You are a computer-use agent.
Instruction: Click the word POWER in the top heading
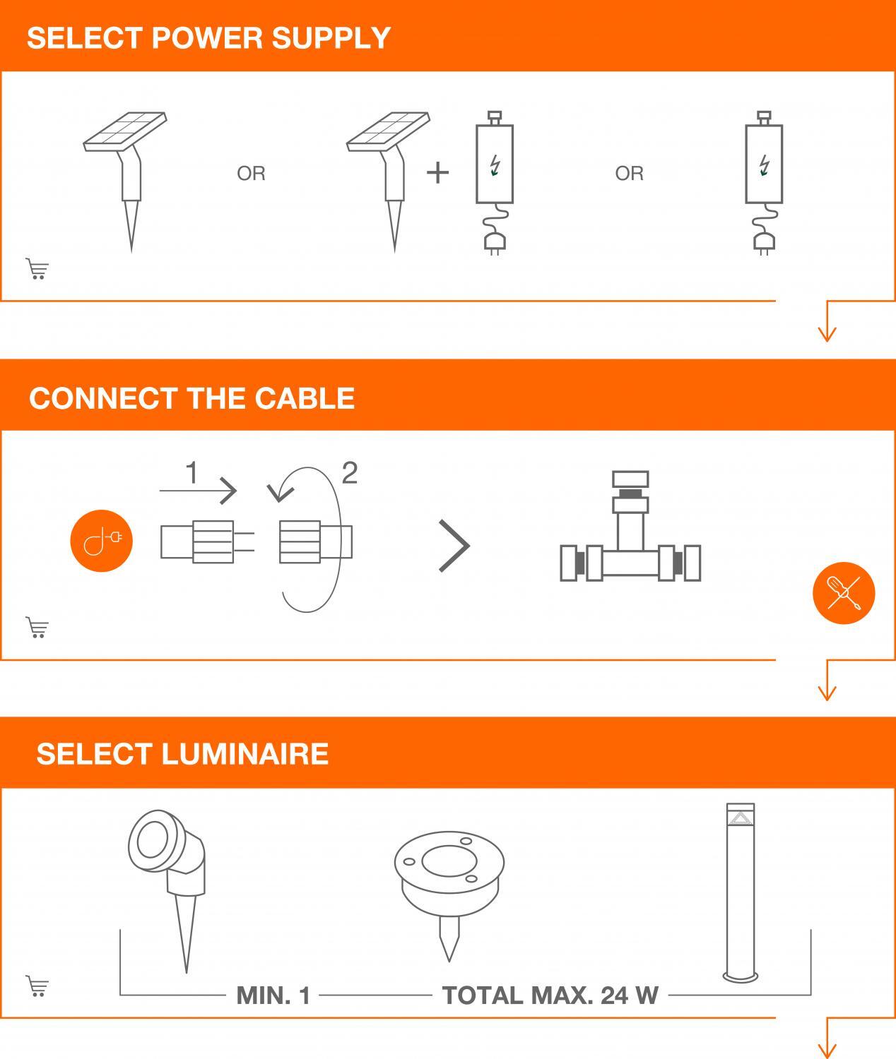click(207, 38)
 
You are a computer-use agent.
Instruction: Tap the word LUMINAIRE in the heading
click(245, 753)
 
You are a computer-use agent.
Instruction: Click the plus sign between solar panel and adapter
click(437, 173)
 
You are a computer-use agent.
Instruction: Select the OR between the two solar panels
click(252, 173)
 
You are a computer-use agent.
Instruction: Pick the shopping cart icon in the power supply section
click(37, 269)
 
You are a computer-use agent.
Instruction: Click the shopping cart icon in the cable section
click(37, 628)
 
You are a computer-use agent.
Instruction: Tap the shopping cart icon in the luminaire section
click(37, 986)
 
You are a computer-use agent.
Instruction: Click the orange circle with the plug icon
click(102, 541)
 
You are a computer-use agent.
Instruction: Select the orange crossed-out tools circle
click(844, 593)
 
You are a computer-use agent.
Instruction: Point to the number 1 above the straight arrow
click(191, 472)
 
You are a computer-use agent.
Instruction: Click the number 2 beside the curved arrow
click(350, 472)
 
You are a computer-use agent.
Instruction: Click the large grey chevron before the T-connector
click(455, 546)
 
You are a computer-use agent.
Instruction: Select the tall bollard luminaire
click(740, 892)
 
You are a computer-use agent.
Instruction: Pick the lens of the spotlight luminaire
click(153, 842)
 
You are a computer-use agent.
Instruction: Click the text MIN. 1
click(273, 995)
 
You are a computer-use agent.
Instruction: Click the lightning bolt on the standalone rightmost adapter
click(764, 165)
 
